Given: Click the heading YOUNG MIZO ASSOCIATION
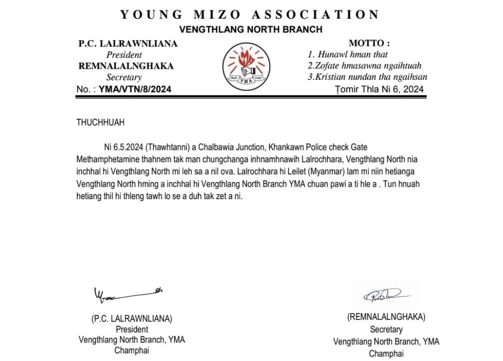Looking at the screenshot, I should [250, 14].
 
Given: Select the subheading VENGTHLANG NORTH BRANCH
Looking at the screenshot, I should [250, 30].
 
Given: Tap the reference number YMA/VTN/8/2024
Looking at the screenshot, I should [135, 89].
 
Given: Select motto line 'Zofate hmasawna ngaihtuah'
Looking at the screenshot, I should [364, 66].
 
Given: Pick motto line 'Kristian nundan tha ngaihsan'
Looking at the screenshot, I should [367, 77].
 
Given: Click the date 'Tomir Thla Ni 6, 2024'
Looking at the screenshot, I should [380, 89].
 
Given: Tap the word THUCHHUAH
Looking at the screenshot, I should [100, 123].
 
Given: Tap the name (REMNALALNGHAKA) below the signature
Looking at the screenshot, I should [386, 317].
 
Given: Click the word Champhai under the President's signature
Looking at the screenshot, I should [131, 350].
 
